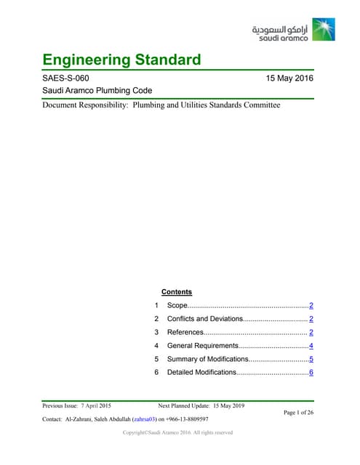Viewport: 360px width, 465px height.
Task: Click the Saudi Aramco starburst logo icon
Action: tap(324, 28)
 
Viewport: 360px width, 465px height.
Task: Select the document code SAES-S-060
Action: tap(66, 78)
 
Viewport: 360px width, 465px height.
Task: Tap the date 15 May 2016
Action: tap(290, 78)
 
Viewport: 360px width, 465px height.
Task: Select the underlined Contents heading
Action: tap(176, 292)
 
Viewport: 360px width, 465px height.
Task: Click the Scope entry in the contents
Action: tap(177, 306)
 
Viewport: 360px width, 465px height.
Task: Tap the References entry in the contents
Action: tap(185, 332)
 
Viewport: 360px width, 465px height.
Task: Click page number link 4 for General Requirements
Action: tap(311, 346)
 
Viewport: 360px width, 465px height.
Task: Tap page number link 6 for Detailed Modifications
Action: tap(311, 372)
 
